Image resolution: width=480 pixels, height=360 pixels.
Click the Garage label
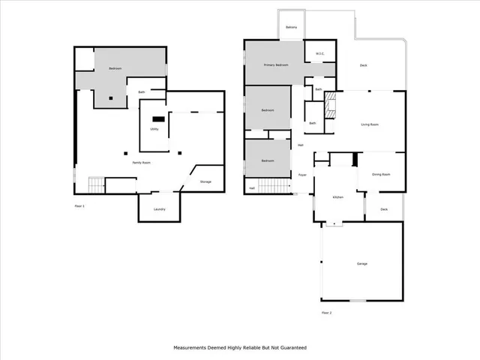click(361, 264)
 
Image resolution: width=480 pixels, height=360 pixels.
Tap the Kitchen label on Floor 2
click(337, 197)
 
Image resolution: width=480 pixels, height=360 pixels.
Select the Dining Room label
click(381, 174)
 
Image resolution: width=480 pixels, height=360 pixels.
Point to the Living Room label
click(369, 124)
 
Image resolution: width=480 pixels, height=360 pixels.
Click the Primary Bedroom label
click(275, 65)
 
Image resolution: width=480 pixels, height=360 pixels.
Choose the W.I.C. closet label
click(319, 53)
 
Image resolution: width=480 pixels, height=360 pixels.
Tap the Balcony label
click(292, 28)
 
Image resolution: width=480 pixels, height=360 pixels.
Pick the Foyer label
click(302, 175)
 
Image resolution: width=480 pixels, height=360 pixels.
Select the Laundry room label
click(159, 209)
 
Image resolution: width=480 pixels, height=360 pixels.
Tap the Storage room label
click(205, 181)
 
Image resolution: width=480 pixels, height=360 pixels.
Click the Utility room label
click(154, 129)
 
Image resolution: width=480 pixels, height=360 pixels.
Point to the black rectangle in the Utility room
click(158, 118)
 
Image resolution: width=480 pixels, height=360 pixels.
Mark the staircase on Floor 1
click(96, 184)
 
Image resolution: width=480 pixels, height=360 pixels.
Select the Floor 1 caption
click(79, 205)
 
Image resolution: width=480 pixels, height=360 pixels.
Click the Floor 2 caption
click(326, 312)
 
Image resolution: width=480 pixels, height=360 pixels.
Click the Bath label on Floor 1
click(141, 93)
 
